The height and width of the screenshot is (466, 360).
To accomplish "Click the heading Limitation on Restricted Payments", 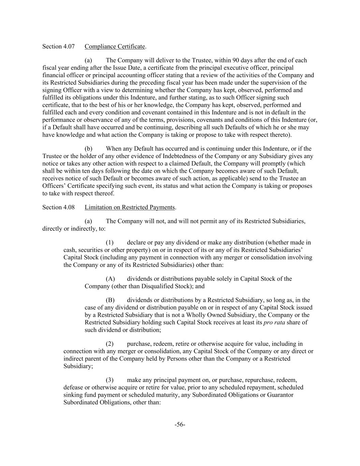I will pyautogui.click(x=130, y=207).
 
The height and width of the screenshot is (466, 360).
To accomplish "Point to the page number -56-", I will pyautogui.click(x=180, y=425).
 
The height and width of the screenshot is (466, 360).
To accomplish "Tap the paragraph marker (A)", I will pyautogui.click(x=110, y=279).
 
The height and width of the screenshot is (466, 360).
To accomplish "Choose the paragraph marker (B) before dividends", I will pyautogui.click(x=110, y=300).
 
